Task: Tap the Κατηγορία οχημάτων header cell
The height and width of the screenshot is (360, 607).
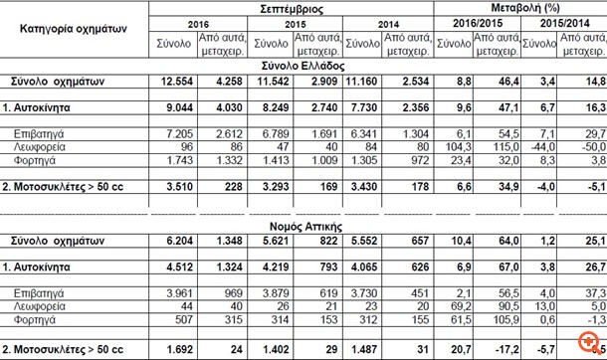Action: coord(76,29)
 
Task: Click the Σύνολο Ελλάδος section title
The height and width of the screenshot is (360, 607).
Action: coord(303,63)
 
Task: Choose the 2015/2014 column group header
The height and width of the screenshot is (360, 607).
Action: coord(564,23)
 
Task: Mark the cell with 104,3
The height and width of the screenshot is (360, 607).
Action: coord(457,146)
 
